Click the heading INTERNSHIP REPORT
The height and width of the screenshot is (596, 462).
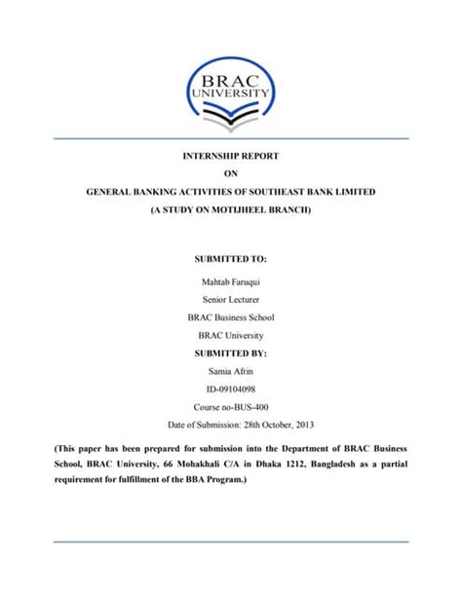[231, 156]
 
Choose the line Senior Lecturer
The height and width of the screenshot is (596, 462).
[231, 299]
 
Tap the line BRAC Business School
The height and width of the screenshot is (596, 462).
[231, 317]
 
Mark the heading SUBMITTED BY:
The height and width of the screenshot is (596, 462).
[231, 353]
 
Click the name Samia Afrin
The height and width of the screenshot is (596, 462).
[231, 371]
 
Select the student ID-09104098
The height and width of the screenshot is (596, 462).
[231, 389]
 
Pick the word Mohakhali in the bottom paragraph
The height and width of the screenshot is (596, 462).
[200, 464]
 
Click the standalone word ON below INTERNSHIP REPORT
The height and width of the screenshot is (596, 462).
[231, 173]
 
